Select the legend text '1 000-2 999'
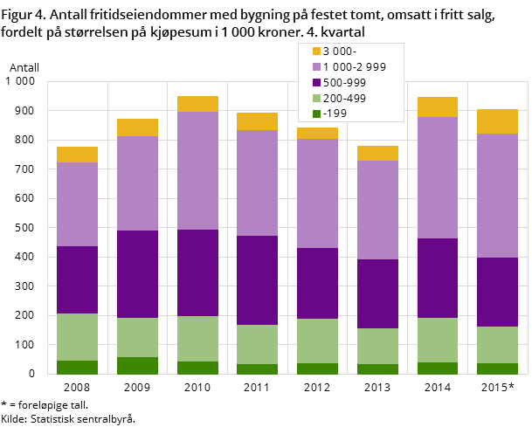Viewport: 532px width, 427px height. point(355,67)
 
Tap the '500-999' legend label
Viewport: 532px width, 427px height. point(345,83)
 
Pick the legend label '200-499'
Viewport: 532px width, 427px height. point(345,99)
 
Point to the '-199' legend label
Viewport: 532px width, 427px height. point(335,114)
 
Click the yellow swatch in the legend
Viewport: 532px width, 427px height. point(316,52)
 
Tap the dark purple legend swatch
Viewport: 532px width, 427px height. point(316,83)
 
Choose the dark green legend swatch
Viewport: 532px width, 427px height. point(316,114)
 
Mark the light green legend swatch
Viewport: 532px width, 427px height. point(316,99)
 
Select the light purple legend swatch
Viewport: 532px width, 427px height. point(316,67)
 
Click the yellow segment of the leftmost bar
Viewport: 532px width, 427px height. point(77,155)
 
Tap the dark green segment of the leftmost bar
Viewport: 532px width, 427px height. point(77,368)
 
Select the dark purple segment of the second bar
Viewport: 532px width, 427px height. point(137,274)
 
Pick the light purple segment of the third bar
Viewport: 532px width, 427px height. point(197,171)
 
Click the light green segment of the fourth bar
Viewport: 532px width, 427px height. point(257,344)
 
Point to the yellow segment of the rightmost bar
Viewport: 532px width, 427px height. point(497,121)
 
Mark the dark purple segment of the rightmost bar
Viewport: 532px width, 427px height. point(497,292)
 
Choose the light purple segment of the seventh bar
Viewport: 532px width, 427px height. point(437,178)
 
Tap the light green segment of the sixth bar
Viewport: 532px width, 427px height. point(377,346)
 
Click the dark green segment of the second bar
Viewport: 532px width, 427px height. point(137,366)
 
